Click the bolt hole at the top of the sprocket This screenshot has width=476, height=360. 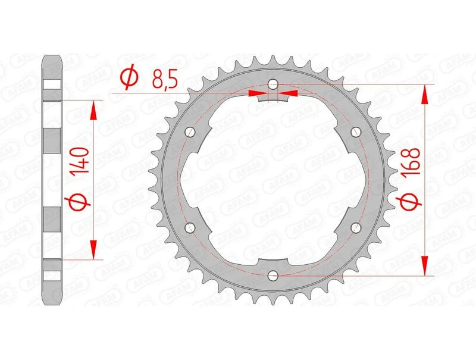273,84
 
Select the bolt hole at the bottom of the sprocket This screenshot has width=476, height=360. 273,276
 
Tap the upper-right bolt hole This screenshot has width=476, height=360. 356,132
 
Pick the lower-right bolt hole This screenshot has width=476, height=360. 356,227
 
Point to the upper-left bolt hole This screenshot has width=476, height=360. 190,132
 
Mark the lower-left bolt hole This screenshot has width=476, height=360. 190,227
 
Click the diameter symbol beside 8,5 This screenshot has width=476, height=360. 129,77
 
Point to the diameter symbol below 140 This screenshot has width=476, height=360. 82,202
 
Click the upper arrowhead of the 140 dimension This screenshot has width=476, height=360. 93,109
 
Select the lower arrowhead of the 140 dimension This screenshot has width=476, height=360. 93,251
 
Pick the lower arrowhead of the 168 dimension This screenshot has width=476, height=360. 425,266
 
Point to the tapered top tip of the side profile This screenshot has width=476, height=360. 52,60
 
